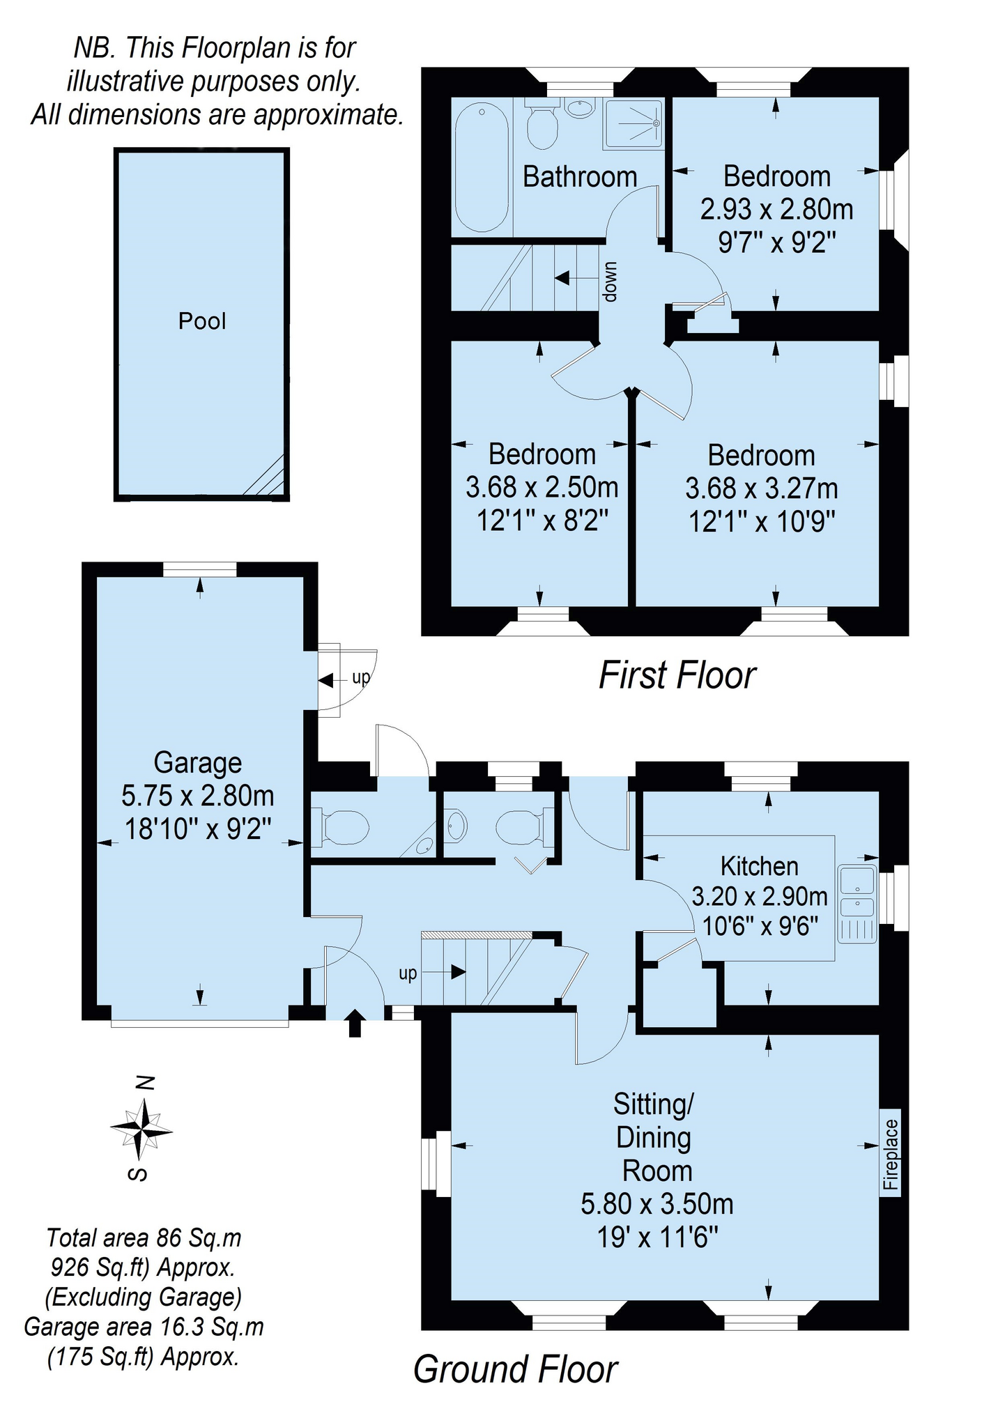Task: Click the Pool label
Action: click(x=202, y=321)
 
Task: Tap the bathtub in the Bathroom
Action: click(x=482, y=168)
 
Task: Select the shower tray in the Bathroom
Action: click(x=633, y=124)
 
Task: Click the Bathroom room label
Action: click(x=580, y=177)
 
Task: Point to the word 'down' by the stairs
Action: click(x=611, y=282)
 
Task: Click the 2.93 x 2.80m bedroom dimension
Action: click(x=776, y=209)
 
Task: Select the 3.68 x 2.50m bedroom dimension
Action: click(x=542, y=487)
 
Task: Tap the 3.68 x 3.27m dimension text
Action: click(x=761, y=488)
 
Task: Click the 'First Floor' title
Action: click(x=677, y=675)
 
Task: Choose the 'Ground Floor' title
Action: click(x=516, y=1370)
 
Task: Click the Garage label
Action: click(x=198, y=763)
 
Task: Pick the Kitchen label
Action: click(x=760, y=866)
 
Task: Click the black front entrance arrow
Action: click(x=355, y=1022)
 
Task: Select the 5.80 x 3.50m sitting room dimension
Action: click(x=657, y=1203)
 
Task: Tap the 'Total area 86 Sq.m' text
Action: click(x=144, y=1238)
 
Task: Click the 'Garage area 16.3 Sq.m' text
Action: click(x=144, y=1327)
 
